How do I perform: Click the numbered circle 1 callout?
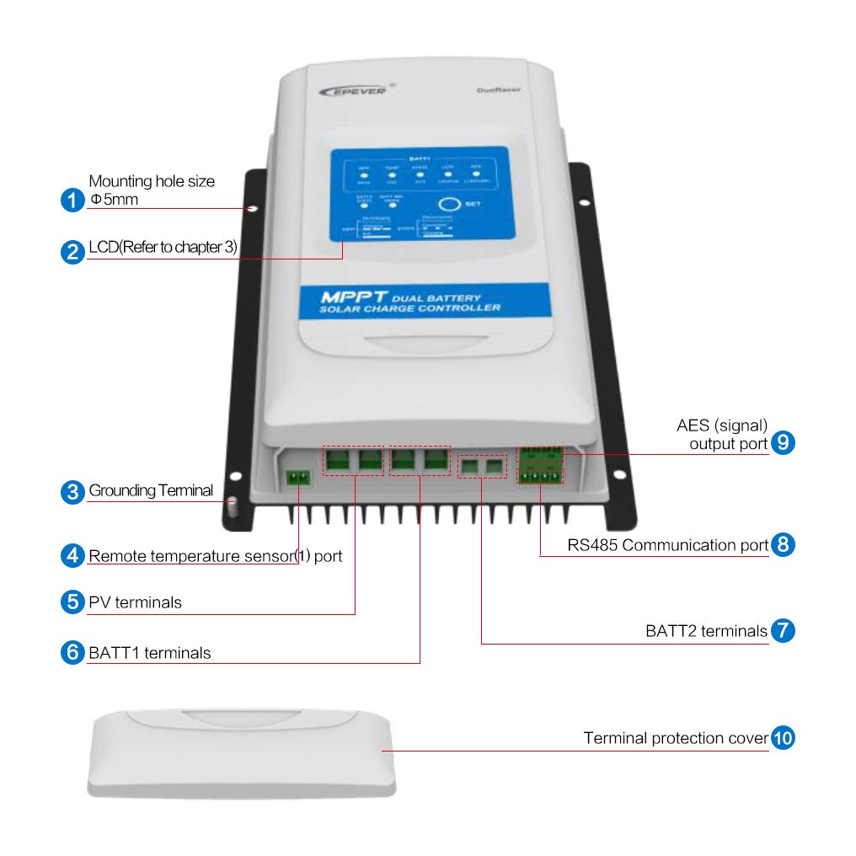pyautogui.click(x=73, y=201)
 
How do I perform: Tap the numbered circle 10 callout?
pyautogui.click(x=783, y=738)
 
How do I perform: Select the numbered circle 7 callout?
pyautogui.click(x=783, y=630)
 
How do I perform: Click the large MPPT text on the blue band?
pyautogui.click(x=353, y=298)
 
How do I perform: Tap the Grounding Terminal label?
pyautogui.click(x=151, y=490)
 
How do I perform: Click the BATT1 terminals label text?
pyautogui.click(x=150, y=652)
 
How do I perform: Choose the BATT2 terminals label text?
pyautogui.click(x=706, y=630)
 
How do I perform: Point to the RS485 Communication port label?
pyautogui.click(x=667, y=545)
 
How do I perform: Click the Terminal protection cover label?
pyautogui.click(x=676, y=738)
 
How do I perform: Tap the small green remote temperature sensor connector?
pyautogui.click(x=297, y=478)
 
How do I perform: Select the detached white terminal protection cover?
pyautogui.click(x=243, y=752)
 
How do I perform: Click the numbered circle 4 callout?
pyautogui.click(x=73, y=556)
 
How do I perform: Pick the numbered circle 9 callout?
pyautogui.click(x=783, y=442)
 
